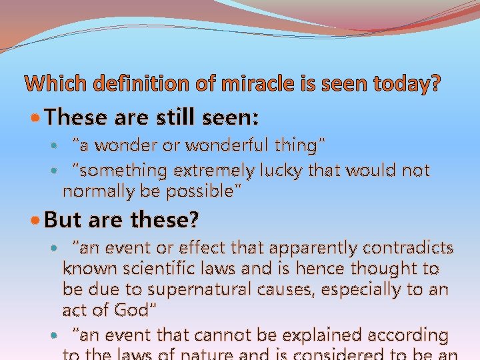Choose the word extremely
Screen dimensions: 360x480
pyautogui.click(x=213, y=171)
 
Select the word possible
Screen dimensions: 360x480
pyautogui.click(x=202, y=192)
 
